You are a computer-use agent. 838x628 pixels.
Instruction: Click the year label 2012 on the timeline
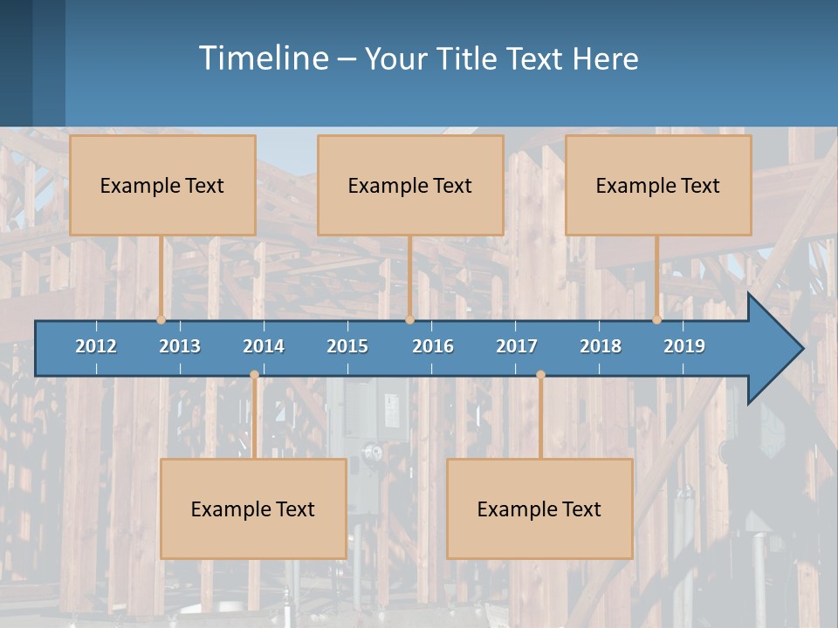click(x=96, y=346)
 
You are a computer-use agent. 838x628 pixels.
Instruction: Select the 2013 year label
click(x=180, y=346)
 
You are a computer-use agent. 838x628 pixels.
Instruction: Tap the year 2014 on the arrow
click(x=264, y=346)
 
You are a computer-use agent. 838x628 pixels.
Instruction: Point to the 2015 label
click(x=347, y=346)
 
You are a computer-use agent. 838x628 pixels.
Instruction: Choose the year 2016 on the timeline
click(x=433, y=346)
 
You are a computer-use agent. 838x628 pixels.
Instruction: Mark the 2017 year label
click(x=517, y=346)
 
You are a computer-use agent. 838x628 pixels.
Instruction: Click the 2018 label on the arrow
click(x=601, y=346)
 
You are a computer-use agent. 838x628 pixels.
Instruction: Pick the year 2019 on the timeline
click(x=684, y=346)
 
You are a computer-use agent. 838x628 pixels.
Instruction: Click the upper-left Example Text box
click(x=162, y=185)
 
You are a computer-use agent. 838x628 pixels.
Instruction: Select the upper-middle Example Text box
click(x=410, y=185)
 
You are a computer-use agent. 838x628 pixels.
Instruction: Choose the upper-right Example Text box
click(x=658, y=185)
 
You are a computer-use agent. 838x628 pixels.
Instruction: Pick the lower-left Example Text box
click(x=253, y=509)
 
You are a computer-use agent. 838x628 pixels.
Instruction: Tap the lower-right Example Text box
click(x=539, y=509)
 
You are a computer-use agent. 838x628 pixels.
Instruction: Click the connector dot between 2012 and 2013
click(x=161, y=319)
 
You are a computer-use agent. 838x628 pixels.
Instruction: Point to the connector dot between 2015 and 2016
click(x=409, y=319)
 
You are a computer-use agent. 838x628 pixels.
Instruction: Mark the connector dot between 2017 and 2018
click(x=540, y=374)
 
